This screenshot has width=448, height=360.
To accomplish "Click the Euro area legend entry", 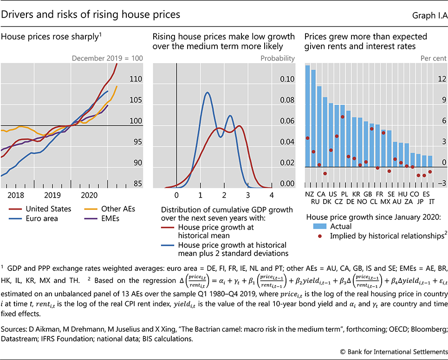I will (x=42, y=219).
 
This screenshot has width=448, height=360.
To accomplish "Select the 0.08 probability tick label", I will (x=287, y=100).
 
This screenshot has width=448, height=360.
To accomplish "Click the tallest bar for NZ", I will (x=307, y=116).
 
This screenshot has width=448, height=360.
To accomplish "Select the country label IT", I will (x=432, y=202).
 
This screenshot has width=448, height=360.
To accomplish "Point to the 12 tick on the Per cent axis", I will (x=441, y=79).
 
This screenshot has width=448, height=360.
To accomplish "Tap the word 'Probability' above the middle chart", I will (x=278, y=58).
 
